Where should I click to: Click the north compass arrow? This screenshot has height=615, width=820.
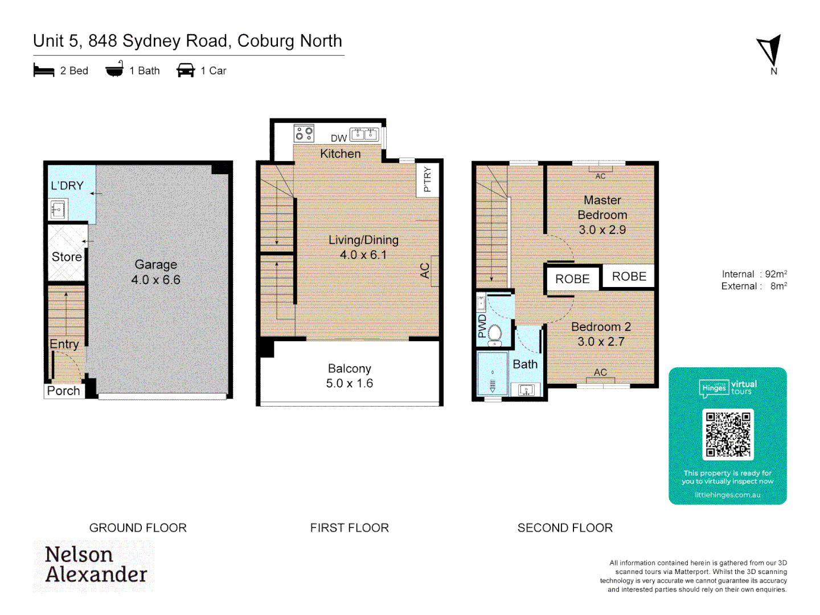[770, 51]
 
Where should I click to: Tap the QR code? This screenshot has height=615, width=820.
[728, 434]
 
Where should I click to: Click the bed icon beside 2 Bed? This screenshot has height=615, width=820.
[44, 71]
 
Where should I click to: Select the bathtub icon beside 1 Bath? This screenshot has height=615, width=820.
[114, 69]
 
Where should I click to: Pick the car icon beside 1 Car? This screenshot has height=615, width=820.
[186, 71]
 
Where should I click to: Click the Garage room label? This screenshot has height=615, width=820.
[155, 265]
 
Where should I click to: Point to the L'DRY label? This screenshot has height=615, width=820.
[67, 186]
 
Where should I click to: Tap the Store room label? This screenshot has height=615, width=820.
[67, 257]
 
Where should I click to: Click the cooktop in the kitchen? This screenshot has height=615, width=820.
[304, 134]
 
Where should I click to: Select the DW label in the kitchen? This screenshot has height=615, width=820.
[339, 138]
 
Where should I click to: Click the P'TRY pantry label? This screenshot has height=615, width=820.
[427, 179]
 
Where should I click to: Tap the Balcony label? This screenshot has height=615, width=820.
[349, 369]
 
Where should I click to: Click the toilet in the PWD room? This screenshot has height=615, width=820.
[494, 334]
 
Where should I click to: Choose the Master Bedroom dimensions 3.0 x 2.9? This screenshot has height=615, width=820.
[602, 230]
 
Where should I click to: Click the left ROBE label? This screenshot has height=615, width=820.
[572, 279]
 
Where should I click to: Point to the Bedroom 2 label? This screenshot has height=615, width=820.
[601, 327]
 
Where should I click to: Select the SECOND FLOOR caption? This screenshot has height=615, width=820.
[565, 528]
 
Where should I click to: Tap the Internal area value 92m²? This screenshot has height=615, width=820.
[776, 274]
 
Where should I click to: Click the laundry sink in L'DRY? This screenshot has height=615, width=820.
[58, 210]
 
